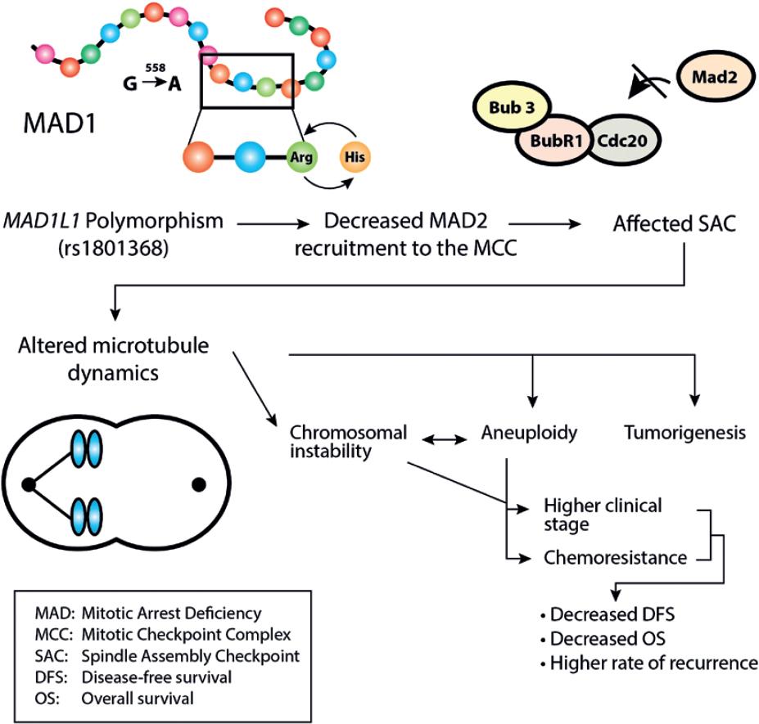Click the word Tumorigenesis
(684, 434)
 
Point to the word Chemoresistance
(615, 559)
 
